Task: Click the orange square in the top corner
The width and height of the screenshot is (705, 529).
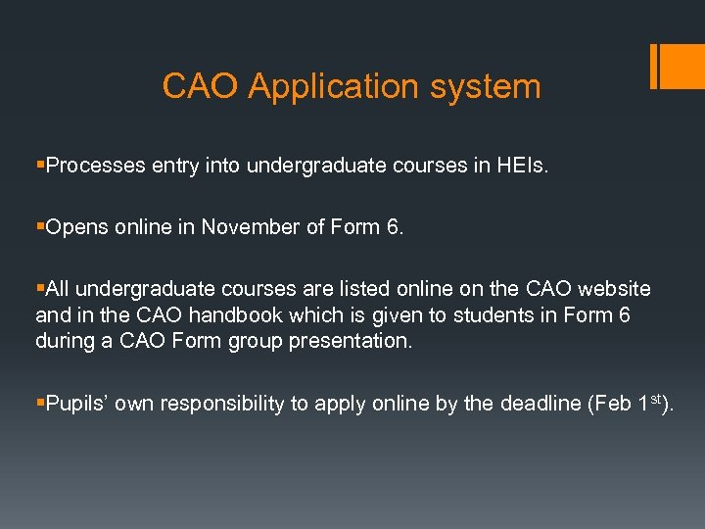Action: coord(679,67)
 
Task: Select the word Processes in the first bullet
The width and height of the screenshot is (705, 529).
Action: coord(95,167)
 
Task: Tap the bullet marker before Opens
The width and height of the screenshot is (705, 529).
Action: coord(39,227)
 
